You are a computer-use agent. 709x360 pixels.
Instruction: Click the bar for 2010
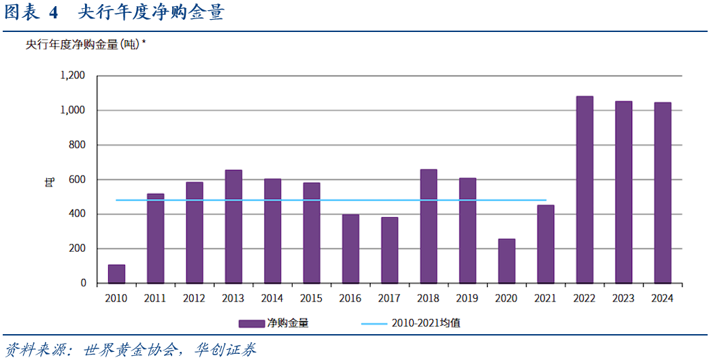116,274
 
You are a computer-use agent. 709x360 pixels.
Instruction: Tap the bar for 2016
350,248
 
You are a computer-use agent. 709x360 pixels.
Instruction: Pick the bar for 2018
429,226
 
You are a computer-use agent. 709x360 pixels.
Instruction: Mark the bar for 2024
663,193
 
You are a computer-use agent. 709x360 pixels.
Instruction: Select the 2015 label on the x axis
311,299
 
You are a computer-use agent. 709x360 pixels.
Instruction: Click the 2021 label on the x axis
546,299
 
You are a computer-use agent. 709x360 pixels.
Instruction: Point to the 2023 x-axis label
623,299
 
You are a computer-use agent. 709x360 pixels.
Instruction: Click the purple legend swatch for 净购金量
252,323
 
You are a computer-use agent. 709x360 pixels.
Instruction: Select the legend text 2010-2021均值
425,323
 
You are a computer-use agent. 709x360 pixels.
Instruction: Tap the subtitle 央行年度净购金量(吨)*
86,45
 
